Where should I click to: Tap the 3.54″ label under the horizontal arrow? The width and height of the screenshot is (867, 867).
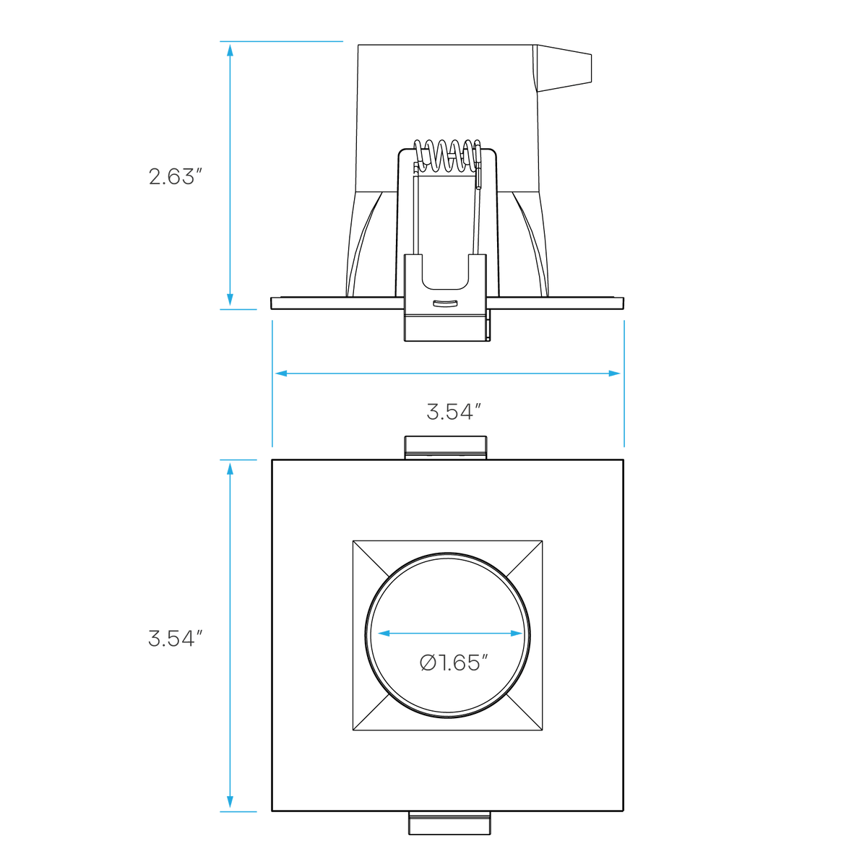click(x=454, y=412)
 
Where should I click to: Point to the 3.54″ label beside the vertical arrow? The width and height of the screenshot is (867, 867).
click(x=176, y=639)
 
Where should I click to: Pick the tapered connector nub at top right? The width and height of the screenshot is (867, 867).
click(x=564, y=69)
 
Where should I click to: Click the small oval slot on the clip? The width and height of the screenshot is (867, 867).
click(x=446, y=303)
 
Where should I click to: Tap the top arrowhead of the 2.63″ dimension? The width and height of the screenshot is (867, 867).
click(x=230, y=51)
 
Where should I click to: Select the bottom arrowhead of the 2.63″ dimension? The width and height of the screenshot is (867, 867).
click(x=230, y=300)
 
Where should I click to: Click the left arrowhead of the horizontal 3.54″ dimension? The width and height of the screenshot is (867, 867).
click(x=281, y=374)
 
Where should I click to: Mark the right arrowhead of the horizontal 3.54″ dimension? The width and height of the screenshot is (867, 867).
click(x=614, y=374)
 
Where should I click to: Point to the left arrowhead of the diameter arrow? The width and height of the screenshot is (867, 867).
click(x=384, y=634)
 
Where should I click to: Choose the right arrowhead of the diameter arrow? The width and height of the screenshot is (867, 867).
click(x=517, y=634)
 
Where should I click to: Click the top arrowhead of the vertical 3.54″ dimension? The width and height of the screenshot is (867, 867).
click(x=230, y=470)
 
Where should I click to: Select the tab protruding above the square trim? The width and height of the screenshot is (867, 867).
click(x=446, y=448)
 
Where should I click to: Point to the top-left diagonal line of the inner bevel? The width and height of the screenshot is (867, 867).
click(x=371, y=558)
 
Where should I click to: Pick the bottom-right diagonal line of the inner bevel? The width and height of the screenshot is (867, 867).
click(x=525, y=712)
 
